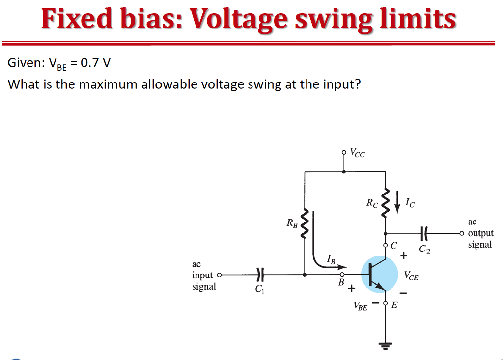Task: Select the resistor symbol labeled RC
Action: (x=385, y=202)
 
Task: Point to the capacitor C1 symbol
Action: (x=261, y=275)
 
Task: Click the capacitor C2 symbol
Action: (x=425, y=233)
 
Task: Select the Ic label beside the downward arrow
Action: (x=409, y=202)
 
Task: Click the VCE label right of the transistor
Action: (x=412, y=276)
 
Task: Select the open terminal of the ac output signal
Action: (x=462, y=233)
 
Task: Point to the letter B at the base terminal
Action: (x=340, y=283)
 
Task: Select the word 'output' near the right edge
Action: (x=480, y=233)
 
